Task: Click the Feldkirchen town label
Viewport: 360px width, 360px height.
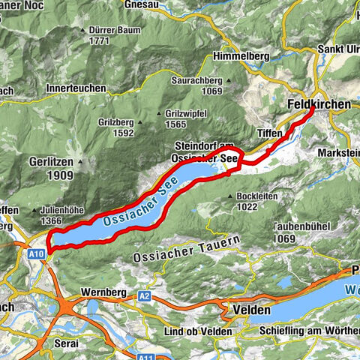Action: click(x=319, y=105)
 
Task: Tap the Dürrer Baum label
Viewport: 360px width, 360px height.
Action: click(x=109, y=31)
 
